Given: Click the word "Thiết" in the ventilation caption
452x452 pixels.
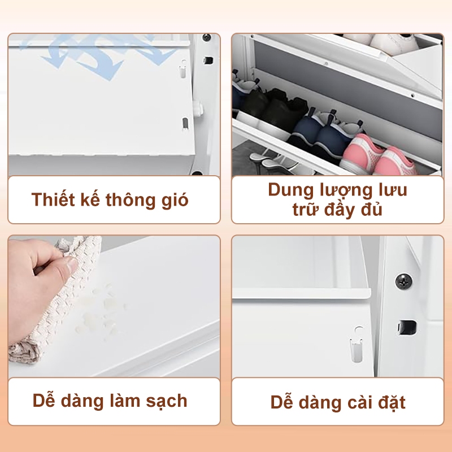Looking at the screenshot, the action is [x=53, y=199].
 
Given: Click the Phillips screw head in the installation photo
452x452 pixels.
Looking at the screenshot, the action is [x=403, y=281].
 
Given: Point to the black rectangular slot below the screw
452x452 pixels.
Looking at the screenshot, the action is [x=407, y=328].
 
